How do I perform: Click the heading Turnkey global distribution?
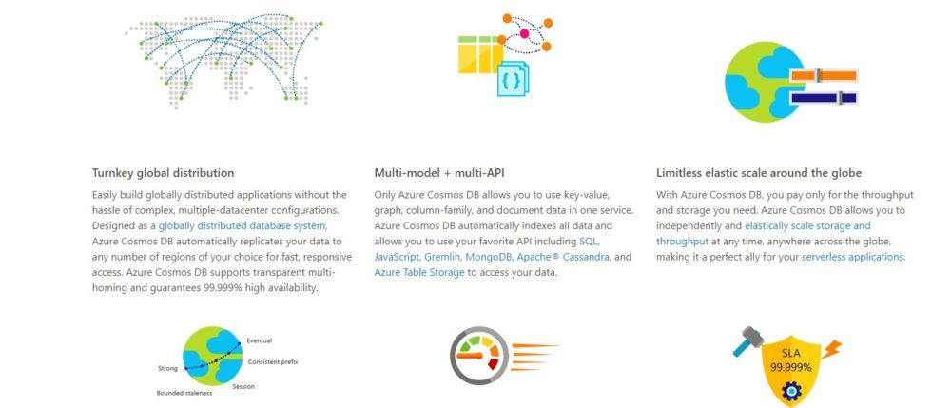(x=163, y=173)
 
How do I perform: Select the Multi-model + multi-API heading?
(x=439, y=173)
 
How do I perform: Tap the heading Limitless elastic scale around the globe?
(x=759, y=173)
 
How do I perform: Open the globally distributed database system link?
(x=243, y=226)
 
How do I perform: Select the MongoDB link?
(x=490, y=257)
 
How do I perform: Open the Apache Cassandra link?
(x=563, y=257)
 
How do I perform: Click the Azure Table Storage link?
(x=419, y=273)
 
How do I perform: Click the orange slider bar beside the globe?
(x=823, y=76)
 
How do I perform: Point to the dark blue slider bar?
(x=823, y=98)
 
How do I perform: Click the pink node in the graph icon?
(x=524, y=33)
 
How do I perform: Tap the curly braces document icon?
(x=513, y=79)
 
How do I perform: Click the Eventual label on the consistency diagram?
(x=259, y=341)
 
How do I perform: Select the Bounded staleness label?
(x=184, y=394)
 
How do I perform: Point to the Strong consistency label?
(x=167, y=369)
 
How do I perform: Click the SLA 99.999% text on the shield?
(x=791, y=360)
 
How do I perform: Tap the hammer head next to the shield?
(x=752, y=335)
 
